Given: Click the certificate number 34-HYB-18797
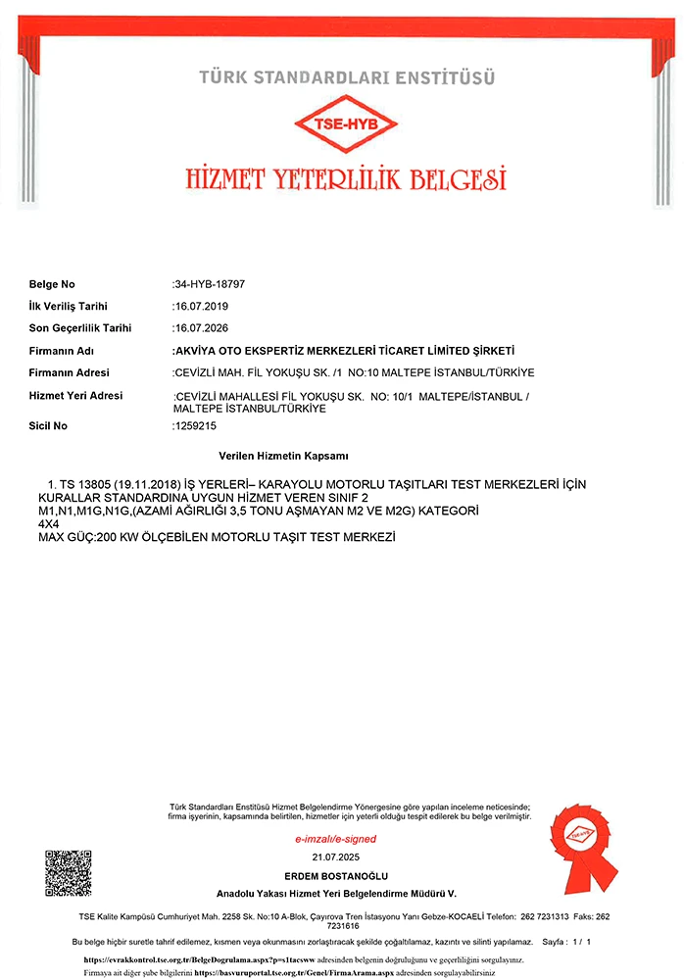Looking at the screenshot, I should tap(210, 284).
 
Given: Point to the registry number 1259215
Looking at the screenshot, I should tap(194, 426).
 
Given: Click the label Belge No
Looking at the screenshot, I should tap(52, 284).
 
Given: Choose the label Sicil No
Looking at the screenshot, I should tap(48, 426).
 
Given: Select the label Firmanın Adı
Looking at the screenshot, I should tap(61, 350).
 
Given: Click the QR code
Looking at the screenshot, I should tap(69, 873).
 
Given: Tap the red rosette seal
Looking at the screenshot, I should tap(584, 838).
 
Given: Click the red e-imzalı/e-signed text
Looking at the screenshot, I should tap(336, 839).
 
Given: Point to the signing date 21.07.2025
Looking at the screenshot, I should tap(336, 857).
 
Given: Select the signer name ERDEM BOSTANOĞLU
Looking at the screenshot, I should tap(336, 874).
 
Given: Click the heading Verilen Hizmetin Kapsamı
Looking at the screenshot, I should tap(284, 457).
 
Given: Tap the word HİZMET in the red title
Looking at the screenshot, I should tap(228, 179).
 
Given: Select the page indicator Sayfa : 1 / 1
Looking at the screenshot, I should tap(566, 942).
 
